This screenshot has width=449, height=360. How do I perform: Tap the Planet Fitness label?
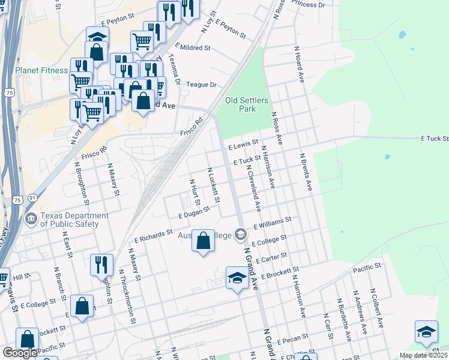[41, 70]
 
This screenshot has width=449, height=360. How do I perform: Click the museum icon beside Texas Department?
[31, 220]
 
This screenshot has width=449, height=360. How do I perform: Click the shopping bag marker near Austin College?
[203, 241]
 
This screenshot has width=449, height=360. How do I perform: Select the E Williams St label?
[272, 223]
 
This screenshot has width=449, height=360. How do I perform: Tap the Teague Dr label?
[201, 85]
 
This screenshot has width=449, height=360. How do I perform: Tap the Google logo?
[20, 353]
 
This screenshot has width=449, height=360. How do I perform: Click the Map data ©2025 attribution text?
[424, 355]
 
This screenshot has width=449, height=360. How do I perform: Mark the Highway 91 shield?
[32, 197]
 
